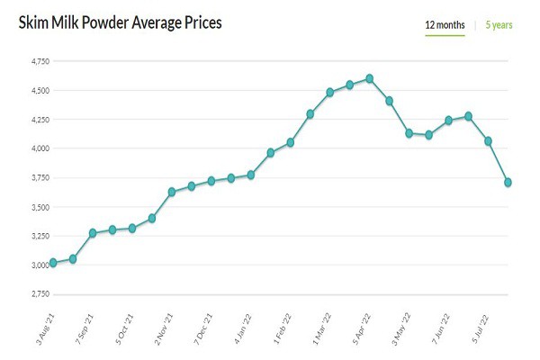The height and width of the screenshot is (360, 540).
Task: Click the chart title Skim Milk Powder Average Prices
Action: pyautogui.click(x=120, y=22)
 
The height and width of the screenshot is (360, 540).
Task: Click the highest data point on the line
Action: pyautogui.click(x=369, y=78)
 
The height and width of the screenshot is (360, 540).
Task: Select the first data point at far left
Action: pyautogui.click(x=53, y=263)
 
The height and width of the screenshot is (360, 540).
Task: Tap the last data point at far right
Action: pyautogui.click(x=508, y=182)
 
